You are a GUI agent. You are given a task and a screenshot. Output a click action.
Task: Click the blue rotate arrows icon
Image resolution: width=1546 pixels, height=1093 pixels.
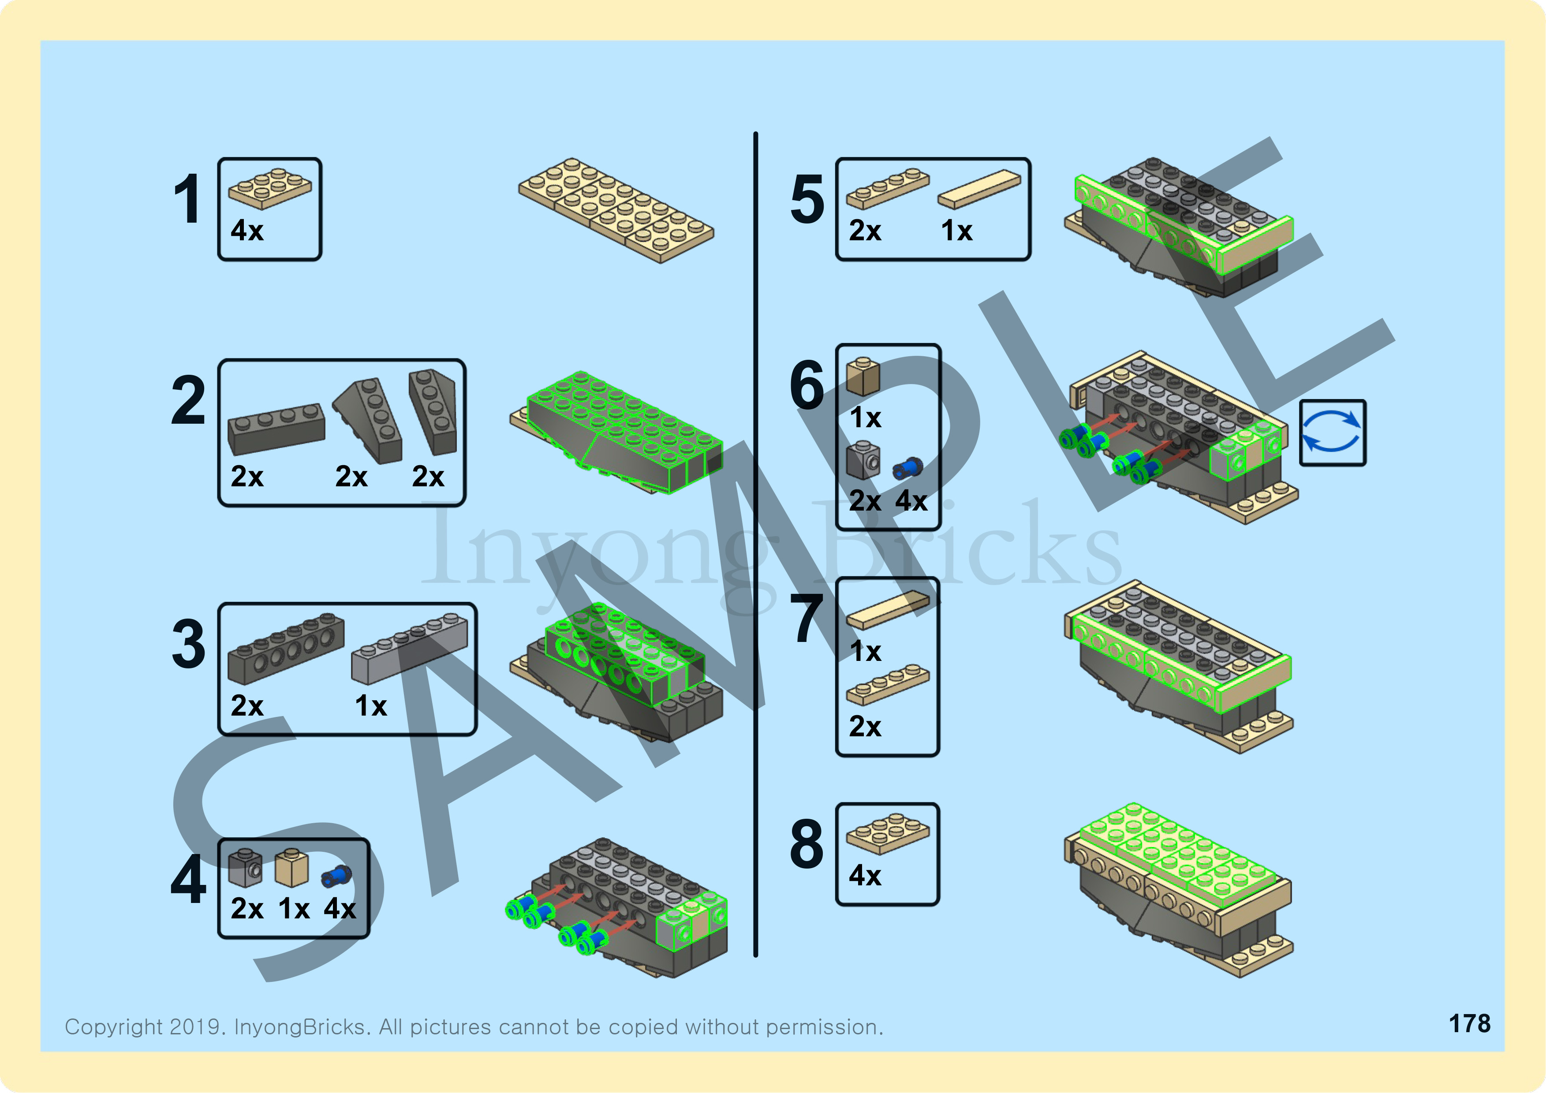(1332, 433)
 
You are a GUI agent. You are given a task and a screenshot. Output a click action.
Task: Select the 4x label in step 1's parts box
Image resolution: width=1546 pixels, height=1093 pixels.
(246, 231)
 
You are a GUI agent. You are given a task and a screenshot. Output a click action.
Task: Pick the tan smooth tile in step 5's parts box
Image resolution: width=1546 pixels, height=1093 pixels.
(978, 189)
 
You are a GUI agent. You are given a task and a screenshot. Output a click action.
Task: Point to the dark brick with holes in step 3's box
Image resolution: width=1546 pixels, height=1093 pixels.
(285, 648)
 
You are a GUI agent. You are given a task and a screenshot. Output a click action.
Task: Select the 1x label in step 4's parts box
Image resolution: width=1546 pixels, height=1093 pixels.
(294, 909)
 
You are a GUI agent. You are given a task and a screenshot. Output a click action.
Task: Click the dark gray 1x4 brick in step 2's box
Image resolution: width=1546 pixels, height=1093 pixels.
(276, 429)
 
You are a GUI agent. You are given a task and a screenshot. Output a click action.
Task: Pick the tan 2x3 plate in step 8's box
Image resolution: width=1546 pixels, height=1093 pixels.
(888, 833)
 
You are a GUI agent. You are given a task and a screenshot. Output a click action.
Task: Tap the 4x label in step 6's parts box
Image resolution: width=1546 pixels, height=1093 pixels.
(911, 501)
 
